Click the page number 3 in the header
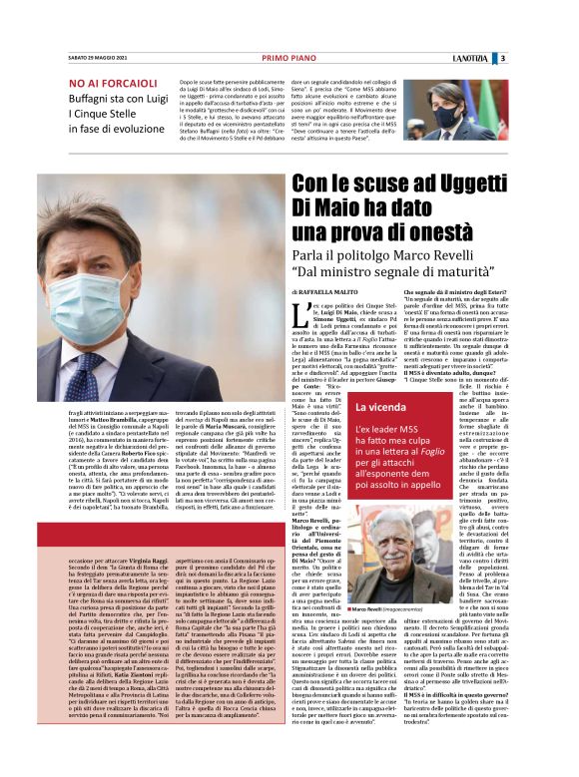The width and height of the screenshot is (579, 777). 559,59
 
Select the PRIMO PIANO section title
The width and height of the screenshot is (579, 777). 289,59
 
